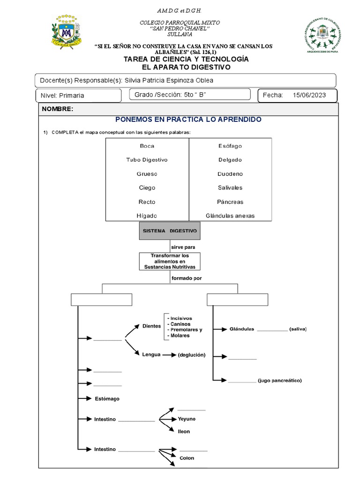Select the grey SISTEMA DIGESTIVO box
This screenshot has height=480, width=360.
170,231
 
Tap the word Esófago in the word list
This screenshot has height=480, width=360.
230,146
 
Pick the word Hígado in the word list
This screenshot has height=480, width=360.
147,216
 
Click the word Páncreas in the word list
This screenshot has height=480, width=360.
230,202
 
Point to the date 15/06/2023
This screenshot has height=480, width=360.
309,95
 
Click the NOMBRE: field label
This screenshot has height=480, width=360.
58,109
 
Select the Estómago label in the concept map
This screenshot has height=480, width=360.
107,398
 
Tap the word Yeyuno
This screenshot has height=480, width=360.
187,419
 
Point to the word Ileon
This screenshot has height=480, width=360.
184,431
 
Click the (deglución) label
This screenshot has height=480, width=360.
191,355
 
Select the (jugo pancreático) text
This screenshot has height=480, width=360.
279,380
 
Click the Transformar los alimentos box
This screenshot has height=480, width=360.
169,261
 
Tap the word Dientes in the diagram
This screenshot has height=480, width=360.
151,325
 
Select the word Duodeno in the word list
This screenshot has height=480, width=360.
230,173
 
